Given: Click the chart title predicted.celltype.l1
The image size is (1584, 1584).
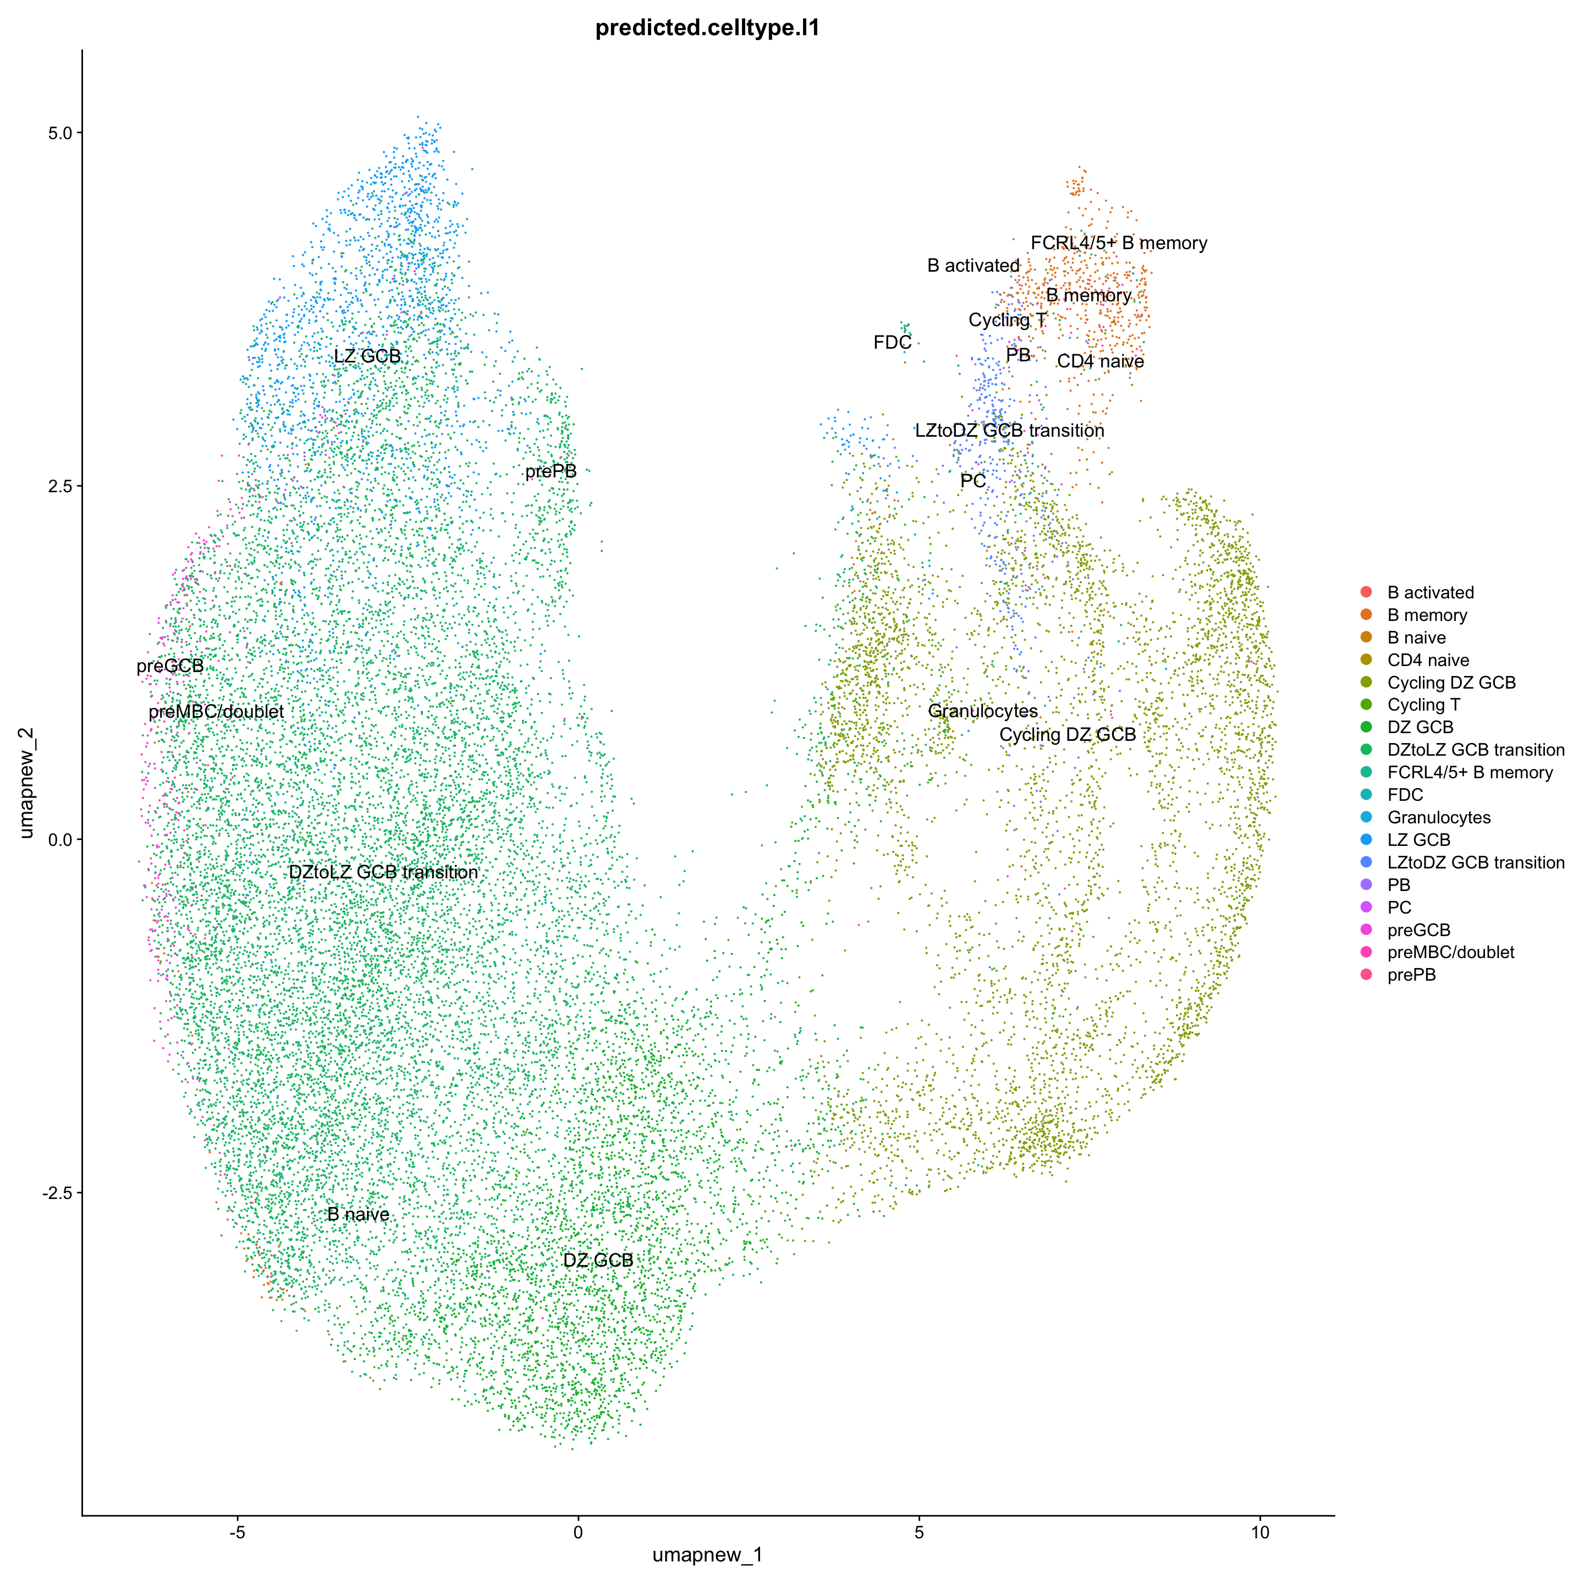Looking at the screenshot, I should pos(707,29).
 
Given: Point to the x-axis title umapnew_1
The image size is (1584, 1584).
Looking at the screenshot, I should pos(707,1554).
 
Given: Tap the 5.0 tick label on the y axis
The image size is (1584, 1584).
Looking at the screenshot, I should pos(57,132).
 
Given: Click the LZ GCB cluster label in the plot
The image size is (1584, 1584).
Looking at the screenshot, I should pos(367,356).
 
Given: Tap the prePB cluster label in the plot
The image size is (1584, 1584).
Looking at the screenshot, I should pos(551,471).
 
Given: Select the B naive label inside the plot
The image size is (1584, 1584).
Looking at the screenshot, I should pos(358,1214).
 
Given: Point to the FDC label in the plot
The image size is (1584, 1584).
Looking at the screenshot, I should pos(892,343).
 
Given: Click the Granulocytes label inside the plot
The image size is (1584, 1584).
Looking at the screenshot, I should pos(982,712).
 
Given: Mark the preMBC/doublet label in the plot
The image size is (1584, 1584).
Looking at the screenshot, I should pos(217,712).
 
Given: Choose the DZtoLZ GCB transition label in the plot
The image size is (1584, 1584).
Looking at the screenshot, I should pos(383,872).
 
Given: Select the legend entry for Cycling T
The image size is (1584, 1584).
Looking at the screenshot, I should pos(1423,705).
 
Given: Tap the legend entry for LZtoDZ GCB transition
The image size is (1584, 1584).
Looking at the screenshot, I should pos(1475,862).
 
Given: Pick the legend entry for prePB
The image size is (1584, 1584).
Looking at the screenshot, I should pos(1411,975).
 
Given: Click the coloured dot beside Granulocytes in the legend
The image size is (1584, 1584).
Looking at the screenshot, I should pos(1365,817).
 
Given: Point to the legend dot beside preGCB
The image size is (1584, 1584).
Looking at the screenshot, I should pos(1365,930).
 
